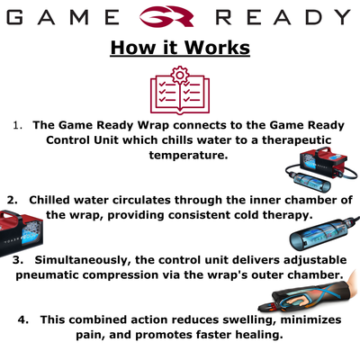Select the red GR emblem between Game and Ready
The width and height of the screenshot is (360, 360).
(180, 17)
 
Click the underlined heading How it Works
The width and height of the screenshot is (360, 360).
(180, 48)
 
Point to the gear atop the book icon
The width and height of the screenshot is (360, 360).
(180, 72)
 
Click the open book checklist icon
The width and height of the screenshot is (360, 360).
(180, 94)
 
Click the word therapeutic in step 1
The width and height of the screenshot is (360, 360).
(292, 140)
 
